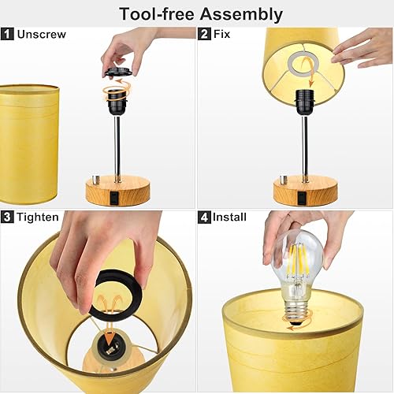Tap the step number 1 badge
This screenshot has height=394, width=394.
tap(8, 35)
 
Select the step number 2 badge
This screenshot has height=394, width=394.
tap(205, 35)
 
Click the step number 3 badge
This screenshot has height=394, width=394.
tap(8, 217)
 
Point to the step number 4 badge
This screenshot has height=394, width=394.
tap(205, 217)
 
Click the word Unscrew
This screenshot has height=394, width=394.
tap(40, 35)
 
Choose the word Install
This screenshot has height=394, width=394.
tap(230, 217)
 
